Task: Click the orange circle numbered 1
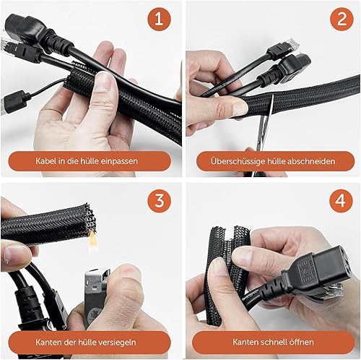coord(159,20)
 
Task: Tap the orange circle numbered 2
coord(342,20)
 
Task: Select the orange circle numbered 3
coord(160,200)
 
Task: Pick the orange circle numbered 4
coord(341,200)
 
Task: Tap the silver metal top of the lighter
coord(97,280)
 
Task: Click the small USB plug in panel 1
coord(15,100)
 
